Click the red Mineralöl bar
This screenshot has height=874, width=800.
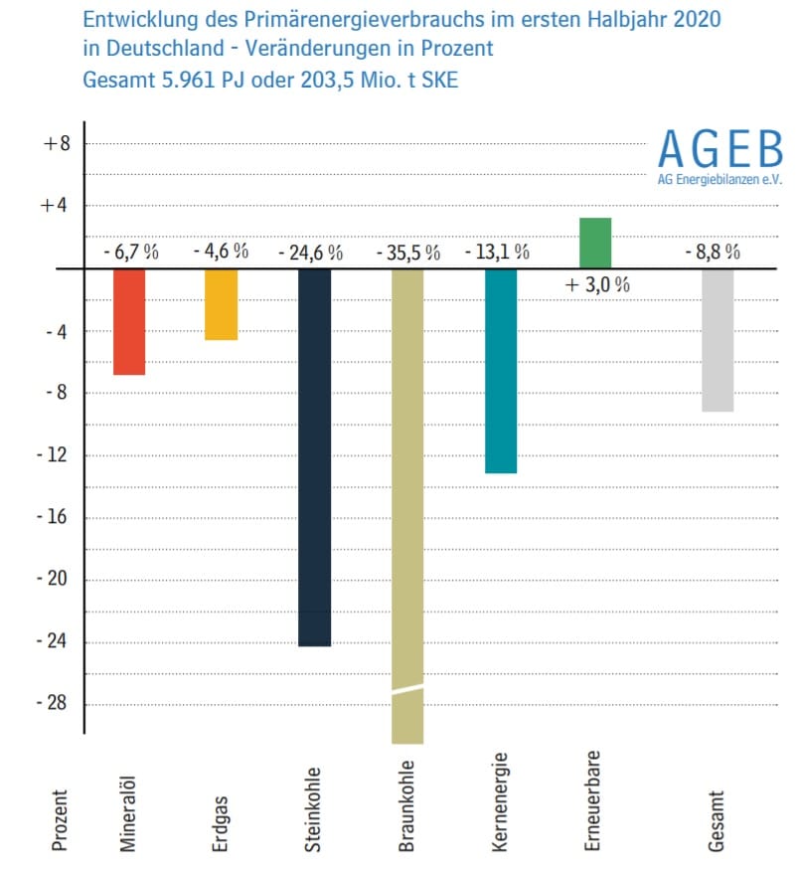(x=129, y=321)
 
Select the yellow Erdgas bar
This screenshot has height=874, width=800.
(x=221, y=304)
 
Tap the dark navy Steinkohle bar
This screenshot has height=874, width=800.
(x=314, y=457)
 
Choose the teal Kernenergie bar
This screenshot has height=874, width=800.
(x=501, y=371)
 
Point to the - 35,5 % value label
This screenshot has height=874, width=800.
(x=407, y=253)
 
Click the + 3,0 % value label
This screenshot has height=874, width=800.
(x=597, y=285)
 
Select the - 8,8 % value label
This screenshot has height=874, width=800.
(x=713, y=252)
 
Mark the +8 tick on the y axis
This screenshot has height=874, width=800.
(x=57, y=143)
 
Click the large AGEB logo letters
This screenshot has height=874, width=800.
(x=720, y=149)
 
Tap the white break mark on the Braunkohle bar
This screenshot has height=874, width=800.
(x=407, y=688)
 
